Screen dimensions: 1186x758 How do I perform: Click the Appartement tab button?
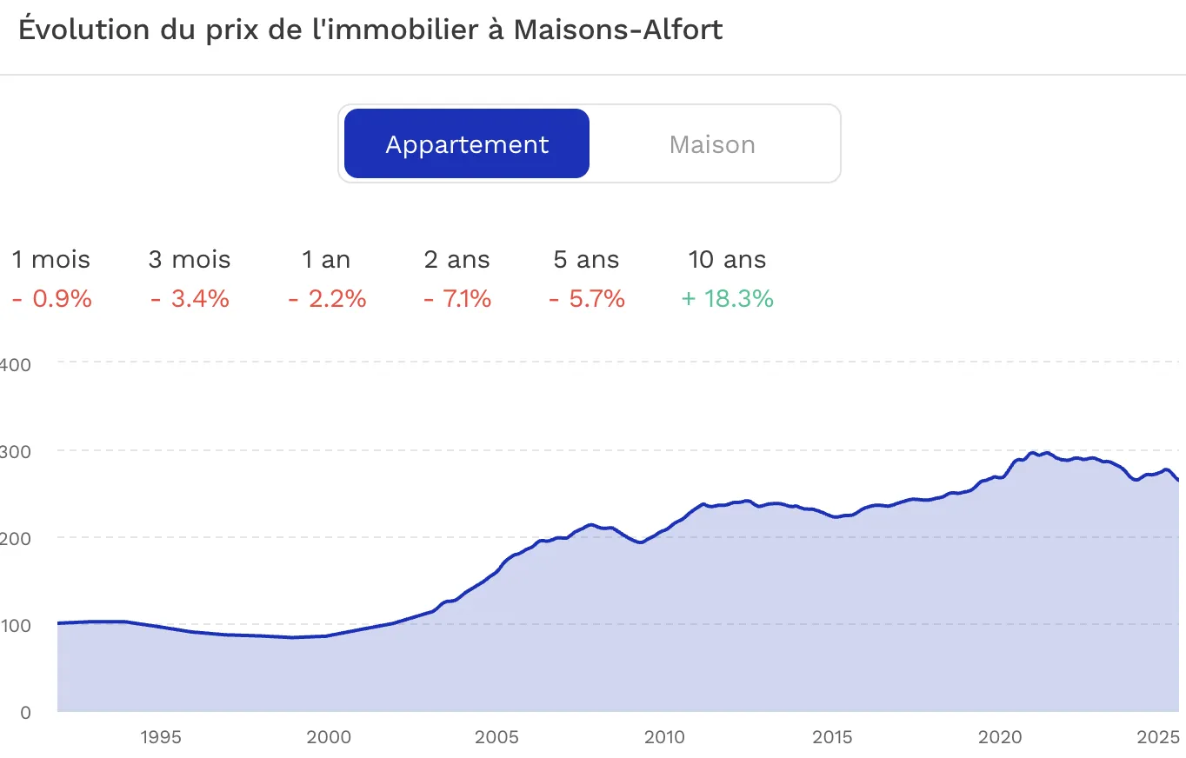click(x=466, y=143)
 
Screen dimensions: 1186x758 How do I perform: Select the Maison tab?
click(x=712, y=144)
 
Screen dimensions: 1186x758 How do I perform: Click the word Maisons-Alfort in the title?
click(x=618, y=29)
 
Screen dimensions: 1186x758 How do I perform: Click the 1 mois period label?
click(x=50, y=259)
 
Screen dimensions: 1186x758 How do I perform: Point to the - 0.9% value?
click(x=52, y=298)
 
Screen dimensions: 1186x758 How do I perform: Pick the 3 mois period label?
click(x=190, y=259)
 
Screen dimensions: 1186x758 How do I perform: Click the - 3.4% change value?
click(x=190, y=298)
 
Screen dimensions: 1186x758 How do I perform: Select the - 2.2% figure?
click(x=327, y=298)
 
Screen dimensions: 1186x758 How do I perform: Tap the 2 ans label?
click(x=456, y=259)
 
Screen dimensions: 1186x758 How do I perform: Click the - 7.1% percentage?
click(x=457, y=298)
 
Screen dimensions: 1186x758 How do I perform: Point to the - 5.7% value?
click(x=587, y=298)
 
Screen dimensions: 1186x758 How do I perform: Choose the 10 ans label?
click(x=727, y=259)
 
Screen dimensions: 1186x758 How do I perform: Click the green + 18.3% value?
click(x=728, y=298)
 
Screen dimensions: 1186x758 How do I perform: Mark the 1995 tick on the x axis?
click(x=161, y=737)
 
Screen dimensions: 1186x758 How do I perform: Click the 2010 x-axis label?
click(x=664, y=737)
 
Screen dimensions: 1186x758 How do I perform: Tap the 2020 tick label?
click(x=1000, y=737)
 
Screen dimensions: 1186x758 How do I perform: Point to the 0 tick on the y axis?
click(x=25, y=713)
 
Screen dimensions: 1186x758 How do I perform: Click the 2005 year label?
click(x=496, y=737)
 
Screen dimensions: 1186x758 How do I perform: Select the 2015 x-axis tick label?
click(x=832, y=737)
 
